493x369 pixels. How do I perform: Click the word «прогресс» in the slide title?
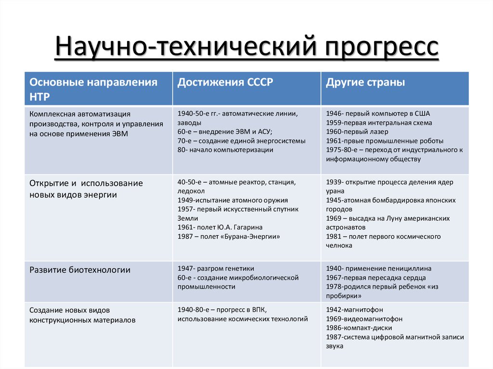tap(381, 47)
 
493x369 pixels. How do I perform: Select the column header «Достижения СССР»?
tap(225, 82)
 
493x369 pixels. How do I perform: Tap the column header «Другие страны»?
tap(365, 83)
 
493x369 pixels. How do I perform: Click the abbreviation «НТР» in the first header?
tap(39, 97)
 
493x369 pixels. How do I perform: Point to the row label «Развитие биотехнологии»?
tap(80, 270)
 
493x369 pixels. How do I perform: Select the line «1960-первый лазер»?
tap(357, 132)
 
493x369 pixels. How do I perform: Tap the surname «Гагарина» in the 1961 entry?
tap(248, 227)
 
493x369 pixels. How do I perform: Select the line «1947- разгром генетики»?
tap(216, 269)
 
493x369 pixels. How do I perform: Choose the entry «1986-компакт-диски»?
tap(359, 328)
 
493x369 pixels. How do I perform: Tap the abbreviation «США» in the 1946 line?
tap(422, 114)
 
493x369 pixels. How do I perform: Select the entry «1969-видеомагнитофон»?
tap(364, 319)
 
